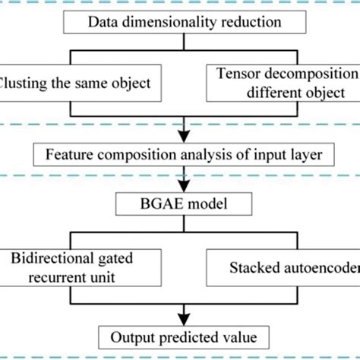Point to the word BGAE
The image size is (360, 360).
point(161,204)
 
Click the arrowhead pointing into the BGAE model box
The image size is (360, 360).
point(181,186)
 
